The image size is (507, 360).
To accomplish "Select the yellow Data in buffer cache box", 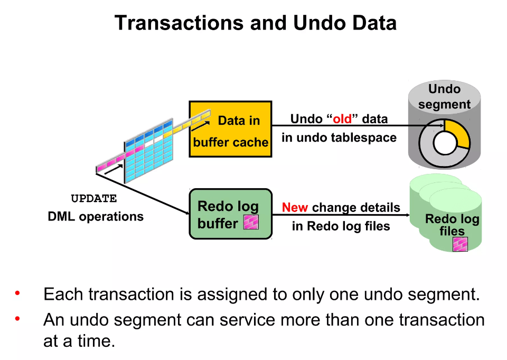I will pos(230,130).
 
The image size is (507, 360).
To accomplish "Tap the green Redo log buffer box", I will pos(231,214).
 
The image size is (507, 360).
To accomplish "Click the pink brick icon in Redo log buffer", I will pos(251,222).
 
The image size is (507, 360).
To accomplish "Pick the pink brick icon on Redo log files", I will pos(460,244).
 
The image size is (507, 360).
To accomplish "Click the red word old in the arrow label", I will pos(342,119).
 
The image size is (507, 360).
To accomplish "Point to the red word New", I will pos(295,208).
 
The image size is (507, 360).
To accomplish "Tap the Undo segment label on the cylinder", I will pos(444,97).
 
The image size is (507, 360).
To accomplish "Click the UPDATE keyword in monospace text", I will pos(94,199).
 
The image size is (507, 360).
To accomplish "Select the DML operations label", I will pos(96,216).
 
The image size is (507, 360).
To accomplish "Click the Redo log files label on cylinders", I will pos(452,225).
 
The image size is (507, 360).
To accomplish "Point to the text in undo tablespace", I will pos(339,138).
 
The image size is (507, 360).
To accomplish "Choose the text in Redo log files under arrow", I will pos(341,226).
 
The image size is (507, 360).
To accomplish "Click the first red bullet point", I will pos(17,292).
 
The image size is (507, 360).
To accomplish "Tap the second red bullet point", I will pos(17,318).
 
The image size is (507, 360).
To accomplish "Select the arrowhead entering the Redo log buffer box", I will pos(186,213).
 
